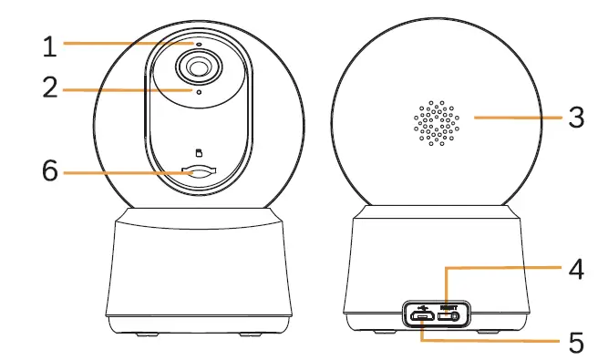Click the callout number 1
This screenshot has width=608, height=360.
click(53, 43)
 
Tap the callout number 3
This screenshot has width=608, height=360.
click(574, 118)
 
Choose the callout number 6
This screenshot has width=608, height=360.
click(52, 170)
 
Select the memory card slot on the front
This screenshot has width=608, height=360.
click(199, 170)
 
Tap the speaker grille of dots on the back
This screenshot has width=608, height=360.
click(437, 118)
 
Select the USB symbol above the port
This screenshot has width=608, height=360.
click(423, 305)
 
